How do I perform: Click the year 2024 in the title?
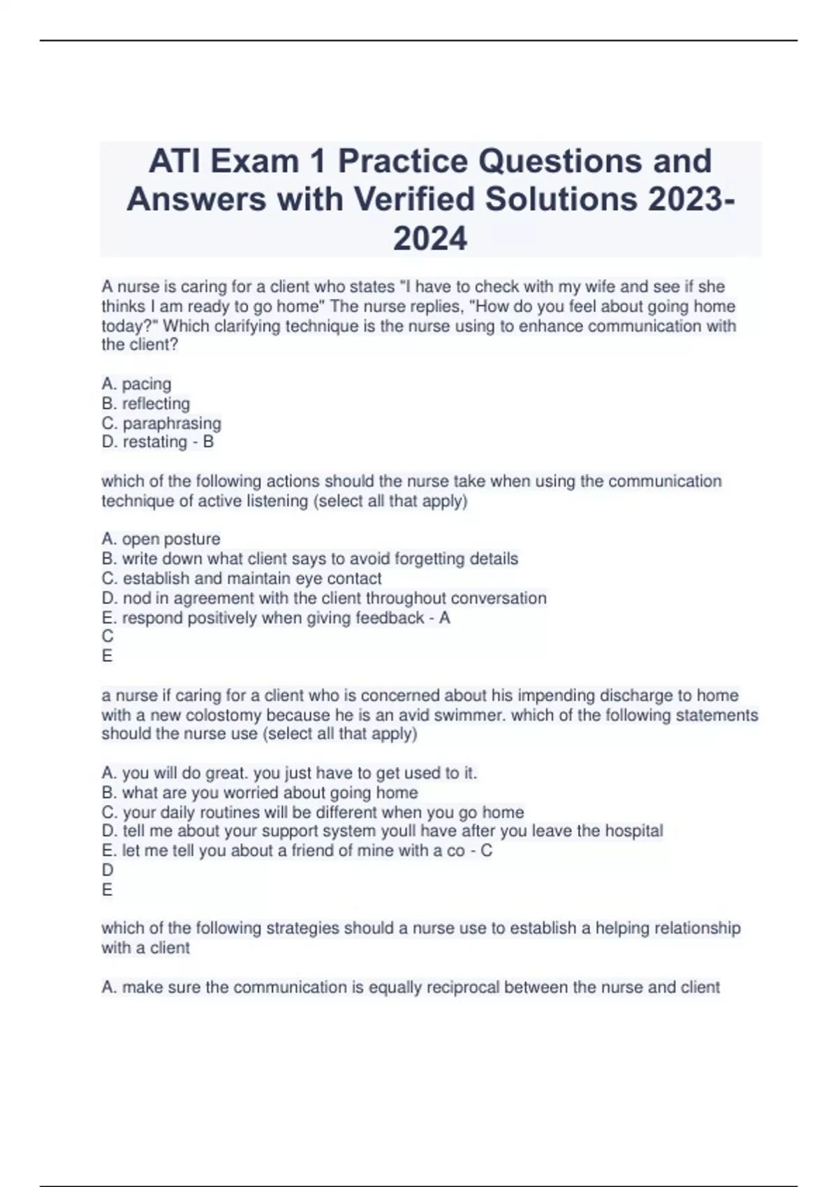(430, 239)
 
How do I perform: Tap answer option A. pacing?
(137, 384)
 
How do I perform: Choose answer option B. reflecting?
(146, 404)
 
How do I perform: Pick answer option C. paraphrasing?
(161, 423)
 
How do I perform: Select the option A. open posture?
(161, 539)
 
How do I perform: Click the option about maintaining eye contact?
(242, 579)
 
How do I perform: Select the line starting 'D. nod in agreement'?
(324, 598)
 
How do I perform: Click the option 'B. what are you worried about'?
(260, 793)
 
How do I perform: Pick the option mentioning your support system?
(382, 831)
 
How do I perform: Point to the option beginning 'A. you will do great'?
(289, 774)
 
